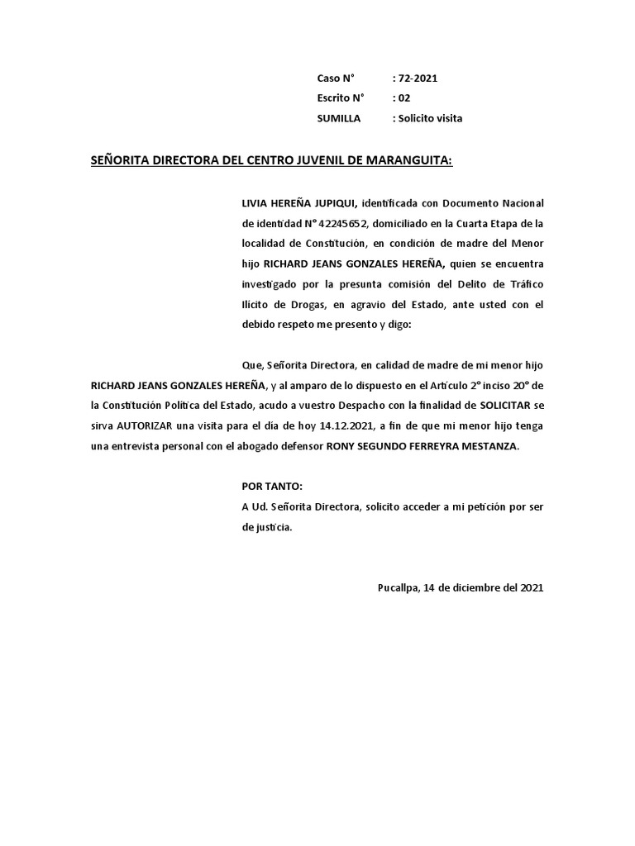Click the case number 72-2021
coord(418,78)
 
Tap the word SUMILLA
coord(339,118)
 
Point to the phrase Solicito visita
coord(430,118)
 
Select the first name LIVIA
coord(254,203)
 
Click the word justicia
coord(273,527)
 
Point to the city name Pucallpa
coord(397,588)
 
